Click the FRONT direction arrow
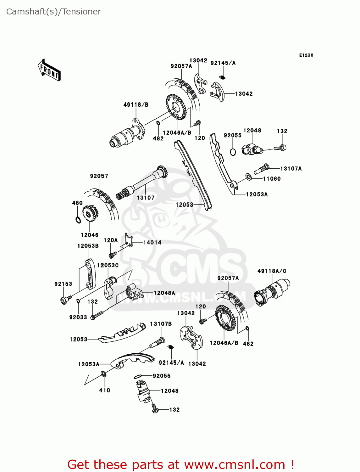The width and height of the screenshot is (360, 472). [x=49, y=70]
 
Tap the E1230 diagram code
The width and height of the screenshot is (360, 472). [x=306, y=55]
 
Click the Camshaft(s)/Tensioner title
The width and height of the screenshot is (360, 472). [x=53, y=12]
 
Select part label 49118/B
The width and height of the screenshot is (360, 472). [x=136, y=105]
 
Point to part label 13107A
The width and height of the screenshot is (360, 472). [x=291, y=169]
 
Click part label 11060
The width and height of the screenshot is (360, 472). [x=272, y=179]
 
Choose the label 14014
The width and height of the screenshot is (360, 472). [x=152, y=243]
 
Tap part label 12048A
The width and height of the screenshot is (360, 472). [x=164, y=293]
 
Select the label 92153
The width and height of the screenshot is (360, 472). [x=63, y=284]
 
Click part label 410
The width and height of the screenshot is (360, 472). [x=105, y=390]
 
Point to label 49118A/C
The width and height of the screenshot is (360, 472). [x=272, y=271]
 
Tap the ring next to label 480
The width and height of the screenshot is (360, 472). [x=78, y=219]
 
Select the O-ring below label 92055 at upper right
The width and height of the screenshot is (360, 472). [x=233, y=152]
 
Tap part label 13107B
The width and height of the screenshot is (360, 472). [x=161, y=324]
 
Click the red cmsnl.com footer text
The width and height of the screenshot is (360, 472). [x=181, y=464]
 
